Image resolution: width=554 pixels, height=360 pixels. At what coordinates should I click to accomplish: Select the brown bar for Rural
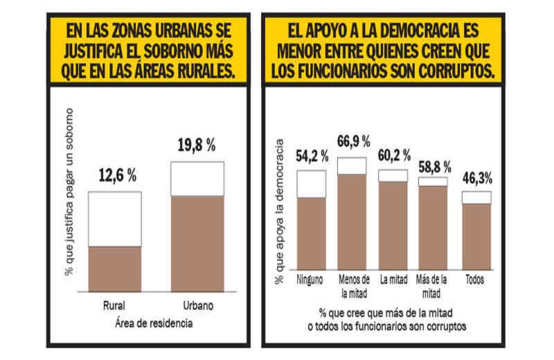pos(114,269)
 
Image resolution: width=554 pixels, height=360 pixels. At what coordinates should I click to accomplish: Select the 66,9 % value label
pos(351,142)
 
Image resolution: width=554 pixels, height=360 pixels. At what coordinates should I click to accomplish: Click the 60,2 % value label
pos(393,155)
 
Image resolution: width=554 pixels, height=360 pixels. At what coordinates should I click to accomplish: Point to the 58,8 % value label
pos(433,165)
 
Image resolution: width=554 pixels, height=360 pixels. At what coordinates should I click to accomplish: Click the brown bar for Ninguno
pos(311,233)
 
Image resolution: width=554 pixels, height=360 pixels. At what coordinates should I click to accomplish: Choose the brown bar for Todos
pos(476,236)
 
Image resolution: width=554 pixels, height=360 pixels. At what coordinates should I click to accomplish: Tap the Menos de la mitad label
pos(351,285)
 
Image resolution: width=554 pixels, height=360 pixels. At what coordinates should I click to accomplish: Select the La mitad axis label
pos(393,280)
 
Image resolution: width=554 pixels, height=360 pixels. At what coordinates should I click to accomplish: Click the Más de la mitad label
pos(432,285)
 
